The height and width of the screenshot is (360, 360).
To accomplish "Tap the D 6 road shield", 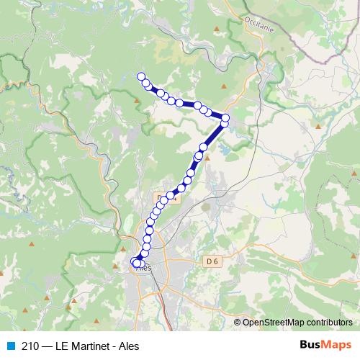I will coord(211,260).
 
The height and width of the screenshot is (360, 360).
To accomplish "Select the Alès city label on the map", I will coord(142,268).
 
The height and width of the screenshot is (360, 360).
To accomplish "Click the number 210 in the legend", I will coord(30,346).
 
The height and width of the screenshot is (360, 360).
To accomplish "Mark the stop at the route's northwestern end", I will coord(141,77).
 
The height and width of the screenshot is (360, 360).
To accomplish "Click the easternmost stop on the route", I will coord(225,117).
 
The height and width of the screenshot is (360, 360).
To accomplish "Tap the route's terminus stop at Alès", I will coord(136,264).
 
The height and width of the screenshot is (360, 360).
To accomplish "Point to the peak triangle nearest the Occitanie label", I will coord(216,29).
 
